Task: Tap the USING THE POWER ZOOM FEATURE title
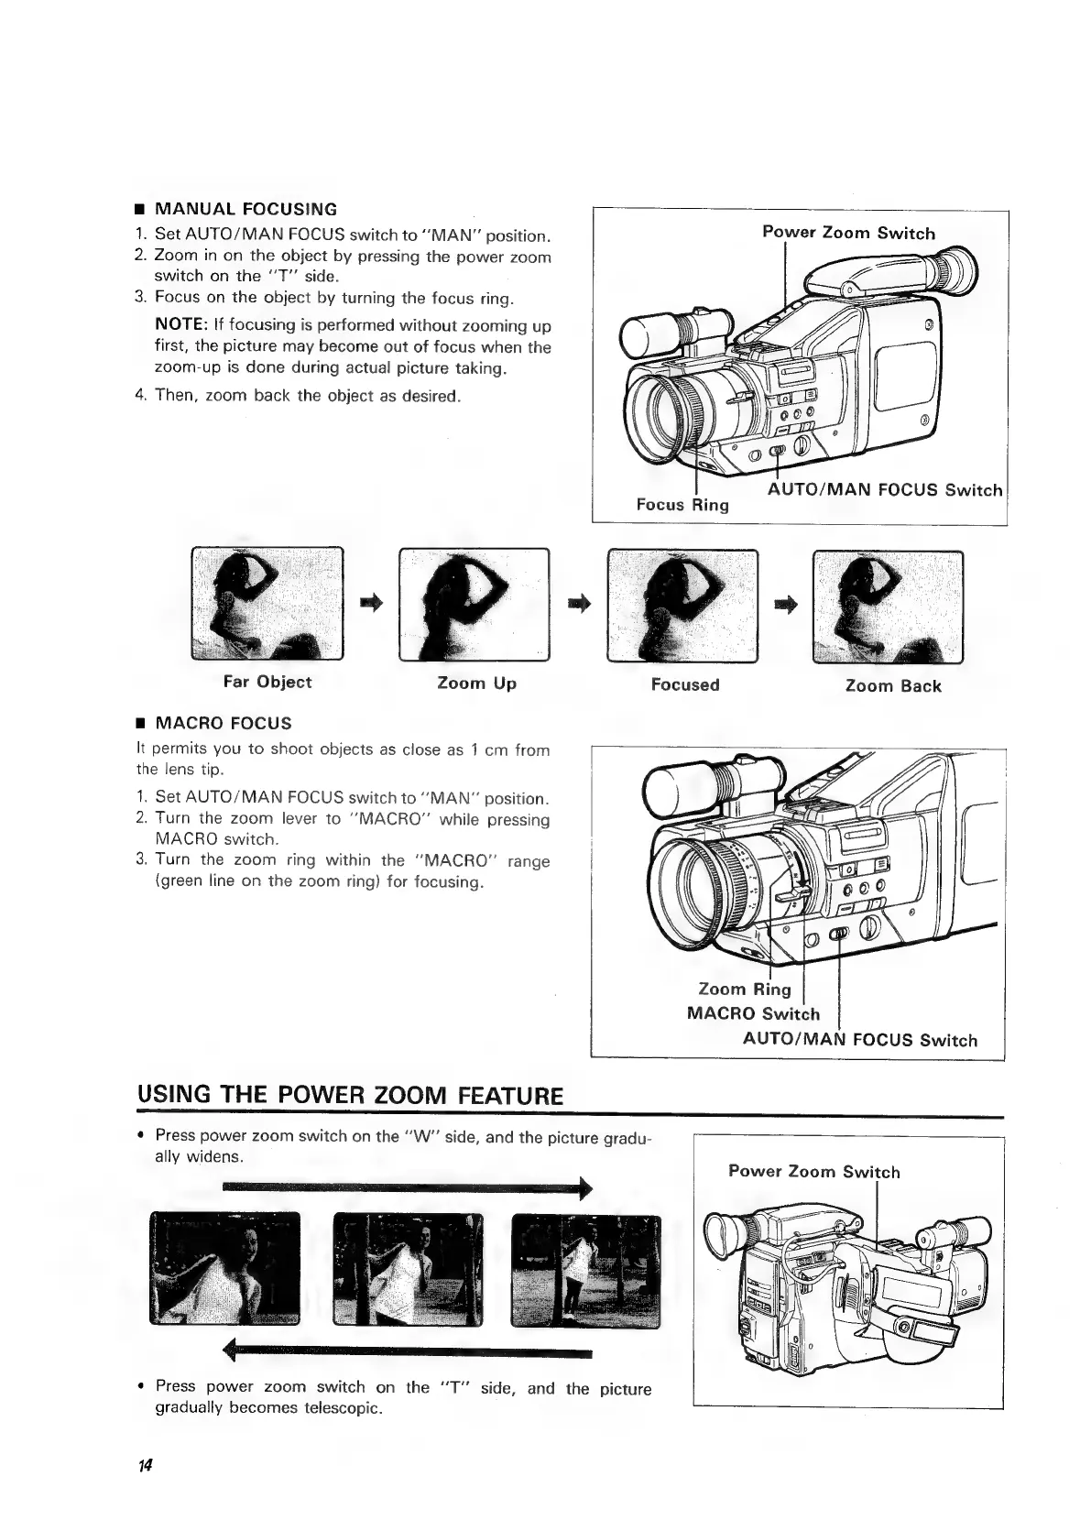tap(349, 1096)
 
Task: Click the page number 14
tap(145, 1465)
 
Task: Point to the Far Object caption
tap(267, 682)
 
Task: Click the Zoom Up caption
tap(476, 683)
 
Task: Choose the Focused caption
tap(685, 684)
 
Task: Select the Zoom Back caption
tap(892, 685)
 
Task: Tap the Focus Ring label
tap(682, 505)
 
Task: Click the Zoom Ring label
tap(744, 989)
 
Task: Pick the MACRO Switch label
tap(753, 1013)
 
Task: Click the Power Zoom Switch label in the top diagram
tap(848, 233)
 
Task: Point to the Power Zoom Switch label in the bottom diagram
tap(813, 1171)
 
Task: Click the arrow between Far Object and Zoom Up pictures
tap(370, 601)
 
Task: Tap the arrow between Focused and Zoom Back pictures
tap(785, 602)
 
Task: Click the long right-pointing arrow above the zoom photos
tap(407, 1188)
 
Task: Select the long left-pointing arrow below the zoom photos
tap(409, 1350)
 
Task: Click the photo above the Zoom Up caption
tap(475, 603)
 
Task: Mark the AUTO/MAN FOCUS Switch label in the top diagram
tap(884, 489)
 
